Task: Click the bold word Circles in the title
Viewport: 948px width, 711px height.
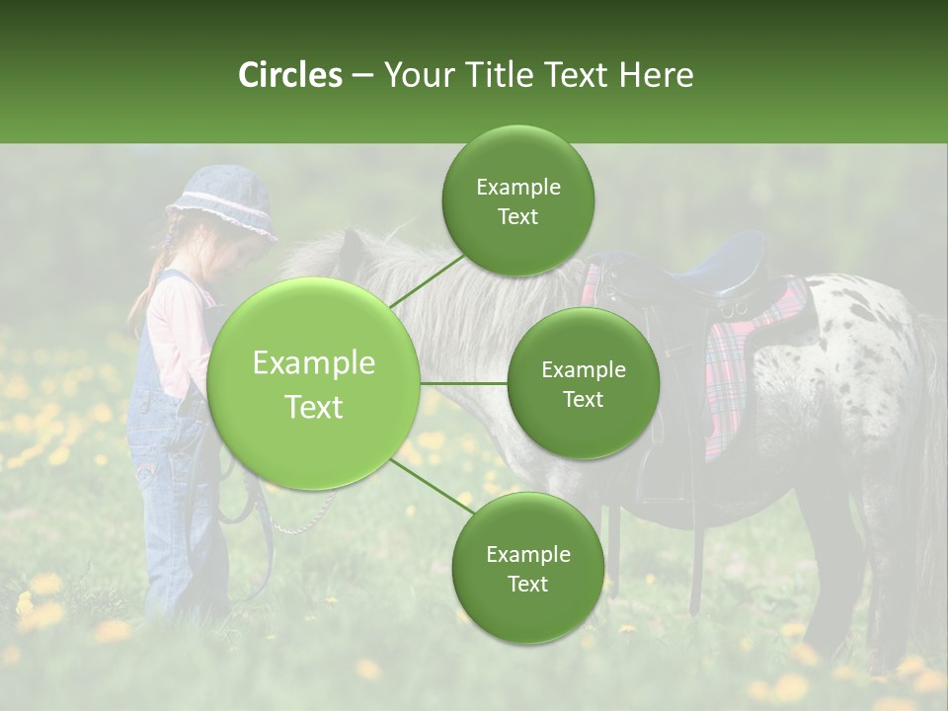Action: (x=290, y=75)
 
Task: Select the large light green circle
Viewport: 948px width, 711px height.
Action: (x=313, y=384)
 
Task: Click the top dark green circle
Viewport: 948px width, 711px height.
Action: (x=517, y=201)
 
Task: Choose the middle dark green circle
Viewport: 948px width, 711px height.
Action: (x=583, y=384)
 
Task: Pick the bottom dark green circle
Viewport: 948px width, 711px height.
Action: (x=527, y=568)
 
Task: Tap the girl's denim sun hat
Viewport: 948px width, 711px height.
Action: (x=223, y=203)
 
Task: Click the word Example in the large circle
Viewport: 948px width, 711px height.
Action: (x=313, y=363)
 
